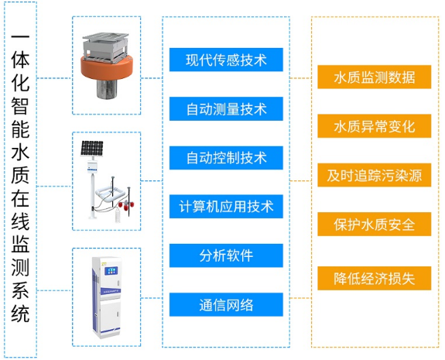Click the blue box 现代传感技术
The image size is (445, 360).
226,60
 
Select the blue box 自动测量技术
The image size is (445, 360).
226,108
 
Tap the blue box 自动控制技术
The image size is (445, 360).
226,158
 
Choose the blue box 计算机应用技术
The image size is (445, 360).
226,207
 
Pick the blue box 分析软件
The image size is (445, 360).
226,255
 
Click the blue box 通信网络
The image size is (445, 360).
226,304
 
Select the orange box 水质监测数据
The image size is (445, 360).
375,77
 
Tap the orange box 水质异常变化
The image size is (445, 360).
375,126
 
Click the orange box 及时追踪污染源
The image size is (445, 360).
375,175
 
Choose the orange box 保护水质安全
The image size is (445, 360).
375,224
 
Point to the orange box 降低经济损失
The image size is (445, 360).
375,278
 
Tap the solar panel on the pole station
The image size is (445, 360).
91,148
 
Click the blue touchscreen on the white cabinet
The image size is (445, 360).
111,270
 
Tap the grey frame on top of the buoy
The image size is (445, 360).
105,47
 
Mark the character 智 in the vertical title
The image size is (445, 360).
20,106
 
